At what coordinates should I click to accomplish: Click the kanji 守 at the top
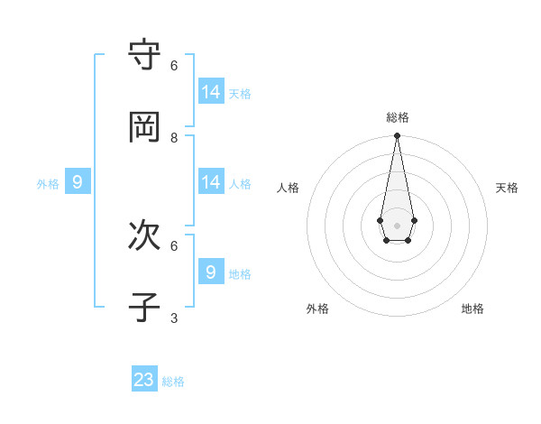point(144,56)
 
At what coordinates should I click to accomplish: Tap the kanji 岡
point(144,128)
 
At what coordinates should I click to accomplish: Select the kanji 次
point(144,236)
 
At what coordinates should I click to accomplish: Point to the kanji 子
point(144,308)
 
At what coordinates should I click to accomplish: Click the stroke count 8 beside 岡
point(174,137)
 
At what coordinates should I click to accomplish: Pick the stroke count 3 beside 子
point(174,318)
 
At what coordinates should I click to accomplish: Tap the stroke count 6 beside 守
point(174,65)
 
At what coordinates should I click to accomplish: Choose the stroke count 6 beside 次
point(174,245)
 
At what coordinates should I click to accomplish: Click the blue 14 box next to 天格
point(211,91)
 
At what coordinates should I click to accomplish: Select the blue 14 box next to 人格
point(211,181)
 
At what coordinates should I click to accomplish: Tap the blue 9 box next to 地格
point(211,272)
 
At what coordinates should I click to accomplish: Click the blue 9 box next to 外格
point(78,182)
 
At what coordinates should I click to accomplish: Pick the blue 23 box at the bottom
point(144,380)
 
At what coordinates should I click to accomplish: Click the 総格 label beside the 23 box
point(173,382)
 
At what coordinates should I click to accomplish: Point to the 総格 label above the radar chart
point(398,117)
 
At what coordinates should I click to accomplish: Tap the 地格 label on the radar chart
point(472,309)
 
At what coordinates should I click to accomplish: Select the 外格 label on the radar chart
point(317,309)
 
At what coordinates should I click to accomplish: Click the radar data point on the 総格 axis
point(397,136)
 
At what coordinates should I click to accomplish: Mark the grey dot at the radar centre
point(397,226)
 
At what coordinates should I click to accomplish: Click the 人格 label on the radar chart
point(289,188)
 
